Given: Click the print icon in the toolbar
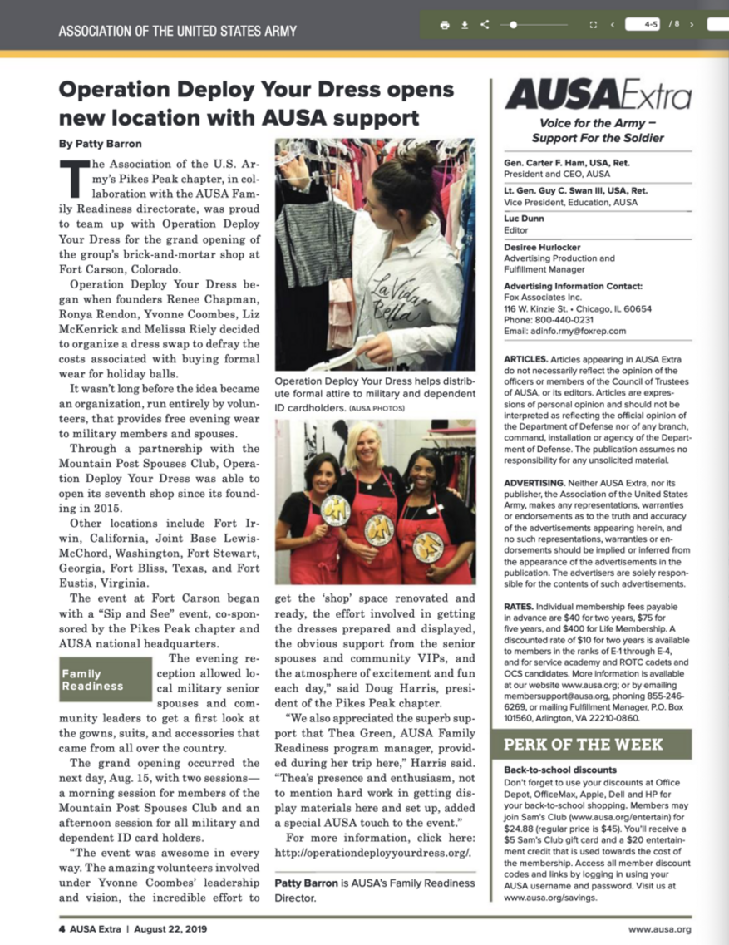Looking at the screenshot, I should [445, 25].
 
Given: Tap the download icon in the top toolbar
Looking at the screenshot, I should [465, 25].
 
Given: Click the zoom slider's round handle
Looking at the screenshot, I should [515, 25].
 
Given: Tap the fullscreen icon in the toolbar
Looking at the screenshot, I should [593, 25].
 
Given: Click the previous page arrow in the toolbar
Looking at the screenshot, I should [613, 25].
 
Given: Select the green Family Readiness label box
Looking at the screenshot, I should [105, 680].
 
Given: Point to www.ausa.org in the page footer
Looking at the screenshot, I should [659, 928].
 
